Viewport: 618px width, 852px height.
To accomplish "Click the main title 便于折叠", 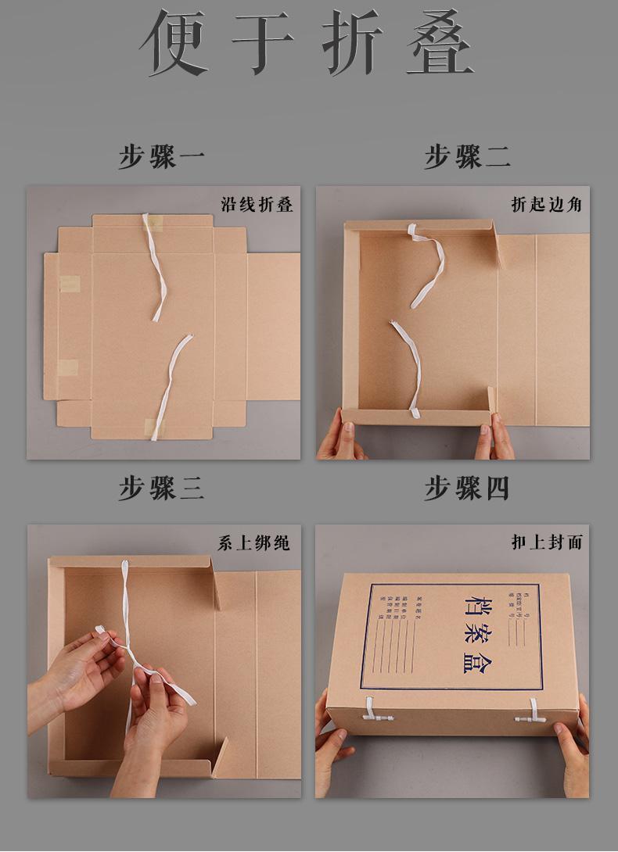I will (307, 43).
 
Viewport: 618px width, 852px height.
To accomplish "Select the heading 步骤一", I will (162, 156).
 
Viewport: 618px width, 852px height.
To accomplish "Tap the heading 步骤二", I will (467, 156).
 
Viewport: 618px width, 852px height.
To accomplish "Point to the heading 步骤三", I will (162, 489).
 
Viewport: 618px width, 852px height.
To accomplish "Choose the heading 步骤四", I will (467, 489).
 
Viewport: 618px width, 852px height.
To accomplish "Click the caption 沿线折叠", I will (257, 205).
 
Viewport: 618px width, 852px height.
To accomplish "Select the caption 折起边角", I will (547, 205).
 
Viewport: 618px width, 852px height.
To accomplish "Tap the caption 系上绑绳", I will (254, 542).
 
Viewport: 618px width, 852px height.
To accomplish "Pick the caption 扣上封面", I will (547, 542).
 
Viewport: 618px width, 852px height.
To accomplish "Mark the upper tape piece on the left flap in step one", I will (70, 284).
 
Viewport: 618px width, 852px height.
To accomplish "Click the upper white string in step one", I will (155, 266).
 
